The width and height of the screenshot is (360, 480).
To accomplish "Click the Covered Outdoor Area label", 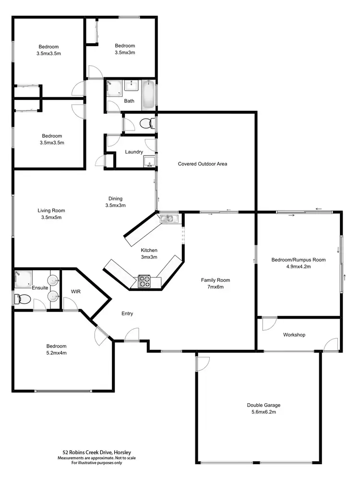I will pos(202,164).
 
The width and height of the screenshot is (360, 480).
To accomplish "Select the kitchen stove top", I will pos(144,281).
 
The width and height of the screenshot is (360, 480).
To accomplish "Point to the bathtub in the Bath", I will pos(148,95).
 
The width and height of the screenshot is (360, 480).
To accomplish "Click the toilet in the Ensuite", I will pos(23,300).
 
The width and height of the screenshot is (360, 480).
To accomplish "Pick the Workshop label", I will pos(294,335).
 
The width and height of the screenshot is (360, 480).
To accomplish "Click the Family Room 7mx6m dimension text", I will pos(216,287).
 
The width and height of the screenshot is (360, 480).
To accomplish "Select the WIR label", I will pos(76,291).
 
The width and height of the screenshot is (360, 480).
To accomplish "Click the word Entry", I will pos(127,314).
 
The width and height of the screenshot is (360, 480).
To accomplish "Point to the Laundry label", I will pos(134,152).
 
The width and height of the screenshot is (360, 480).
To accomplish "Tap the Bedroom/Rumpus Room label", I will pos(298,260).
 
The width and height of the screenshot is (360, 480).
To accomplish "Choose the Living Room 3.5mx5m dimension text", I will pos(51,217).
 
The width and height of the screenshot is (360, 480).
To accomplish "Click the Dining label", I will pos(115,198).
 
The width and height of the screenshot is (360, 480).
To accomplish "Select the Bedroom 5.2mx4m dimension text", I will pos(56,353).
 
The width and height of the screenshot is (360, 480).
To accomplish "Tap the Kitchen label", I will pos(149,250).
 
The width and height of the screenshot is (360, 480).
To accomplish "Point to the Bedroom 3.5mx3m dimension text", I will pos(125,53).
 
